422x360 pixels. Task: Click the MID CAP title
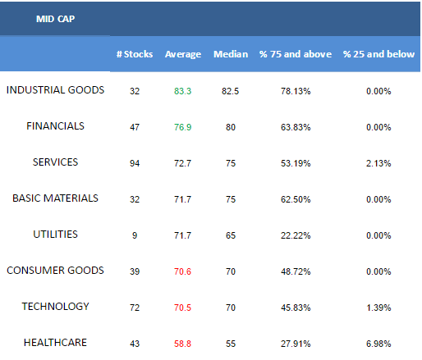coord(55,19)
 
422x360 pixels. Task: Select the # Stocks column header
coord(135,54)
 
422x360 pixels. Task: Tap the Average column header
coord(183,54)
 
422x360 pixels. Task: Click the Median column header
coord(231,54)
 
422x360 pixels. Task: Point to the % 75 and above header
coord(296,54)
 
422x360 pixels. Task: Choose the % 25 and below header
coord(378,54)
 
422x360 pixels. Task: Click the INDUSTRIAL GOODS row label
coord(55,90)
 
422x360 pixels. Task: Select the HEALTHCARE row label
coord(55,343)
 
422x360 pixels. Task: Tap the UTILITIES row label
coord(55,235)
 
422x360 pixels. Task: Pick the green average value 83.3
coord(182,91)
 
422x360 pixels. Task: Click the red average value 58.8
coord(182,344)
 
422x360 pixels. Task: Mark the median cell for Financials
coord(231,127)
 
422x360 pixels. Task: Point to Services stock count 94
coord(135,163)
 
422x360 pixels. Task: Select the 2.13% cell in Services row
coord(378,163)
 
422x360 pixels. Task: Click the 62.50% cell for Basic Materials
coord(296,199)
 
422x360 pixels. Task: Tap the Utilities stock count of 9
coord(135,235)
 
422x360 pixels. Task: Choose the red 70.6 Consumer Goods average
coord(182,271)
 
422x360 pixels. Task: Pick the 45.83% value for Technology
coord(296,308)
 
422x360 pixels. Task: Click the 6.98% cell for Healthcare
coord(378,344)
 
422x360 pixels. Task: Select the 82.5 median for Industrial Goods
coord(230,91)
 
